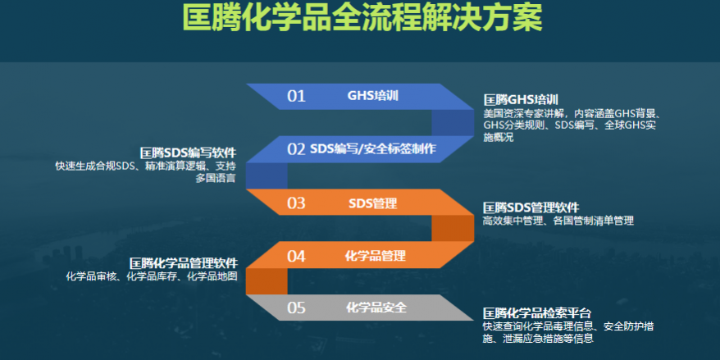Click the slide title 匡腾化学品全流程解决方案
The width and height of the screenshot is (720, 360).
pos(362,17)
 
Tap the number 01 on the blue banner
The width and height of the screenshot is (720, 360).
pos(296,97)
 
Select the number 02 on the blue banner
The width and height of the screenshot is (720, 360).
pos(296,149)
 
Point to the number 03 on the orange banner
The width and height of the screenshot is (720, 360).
pos(296,203)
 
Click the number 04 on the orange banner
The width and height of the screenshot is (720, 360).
pos(296,256)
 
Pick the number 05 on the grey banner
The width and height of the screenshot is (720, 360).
pos(296,308)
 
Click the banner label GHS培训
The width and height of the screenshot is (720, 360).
pos(372,96)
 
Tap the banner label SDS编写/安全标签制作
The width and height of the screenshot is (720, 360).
pos(373,148)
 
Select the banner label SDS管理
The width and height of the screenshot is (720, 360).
pos(372,203)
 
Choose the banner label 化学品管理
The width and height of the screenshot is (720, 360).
pos(375,255)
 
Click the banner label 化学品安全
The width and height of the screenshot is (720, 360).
pos(376,308)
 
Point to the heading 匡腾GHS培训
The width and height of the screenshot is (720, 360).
pos(521,100)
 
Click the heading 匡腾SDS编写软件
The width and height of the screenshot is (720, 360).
pos(189,153)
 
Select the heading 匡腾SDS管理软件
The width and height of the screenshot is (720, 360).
pos(531,207)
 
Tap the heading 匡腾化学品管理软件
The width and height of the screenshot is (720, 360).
pos(184,263)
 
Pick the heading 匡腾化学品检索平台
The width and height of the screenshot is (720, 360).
pos(537,314)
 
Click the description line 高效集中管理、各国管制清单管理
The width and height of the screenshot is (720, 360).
pos(558,221)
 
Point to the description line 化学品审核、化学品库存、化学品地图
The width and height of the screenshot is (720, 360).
pos(152,277)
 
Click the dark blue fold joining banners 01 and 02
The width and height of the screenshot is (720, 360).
pos(453,123)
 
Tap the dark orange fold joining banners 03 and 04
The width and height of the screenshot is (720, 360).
pos(453,228)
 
